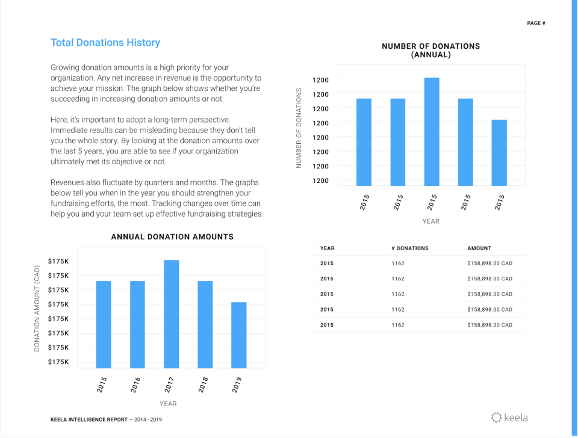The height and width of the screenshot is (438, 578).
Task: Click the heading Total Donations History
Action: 105,43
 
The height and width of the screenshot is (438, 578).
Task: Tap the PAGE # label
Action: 536,23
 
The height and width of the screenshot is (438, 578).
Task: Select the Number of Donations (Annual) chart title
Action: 430,51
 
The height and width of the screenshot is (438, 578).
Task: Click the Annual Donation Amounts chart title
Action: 172,237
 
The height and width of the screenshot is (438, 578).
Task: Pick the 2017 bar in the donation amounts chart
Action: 171,313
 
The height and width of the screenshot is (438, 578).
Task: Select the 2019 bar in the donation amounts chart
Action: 238,335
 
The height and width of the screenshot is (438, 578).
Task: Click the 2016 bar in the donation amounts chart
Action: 137,324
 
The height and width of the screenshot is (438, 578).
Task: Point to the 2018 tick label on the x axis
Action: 203,385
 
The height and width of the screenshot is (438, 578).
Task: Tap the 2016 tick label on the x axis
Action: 135,385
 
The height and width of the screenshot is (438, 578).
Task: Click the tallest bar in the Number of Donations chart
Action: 431,131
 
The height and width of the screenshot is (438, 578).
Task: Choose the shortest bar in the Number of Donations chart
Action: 499,153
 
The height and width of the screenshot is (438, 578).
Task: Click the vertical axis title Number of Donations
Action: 299,128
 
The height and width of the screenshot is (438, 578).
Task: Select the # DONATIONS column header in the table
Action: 409,248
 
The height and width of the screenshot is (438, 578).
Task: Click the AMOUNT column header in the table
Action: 479,248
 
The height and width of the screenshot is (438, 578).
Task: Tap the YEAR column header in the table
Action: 327,248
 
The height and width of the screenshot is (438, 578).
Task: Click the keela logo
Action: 509,417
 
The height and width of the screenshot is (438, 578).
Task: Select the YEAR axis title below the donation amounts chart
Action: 168,403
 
